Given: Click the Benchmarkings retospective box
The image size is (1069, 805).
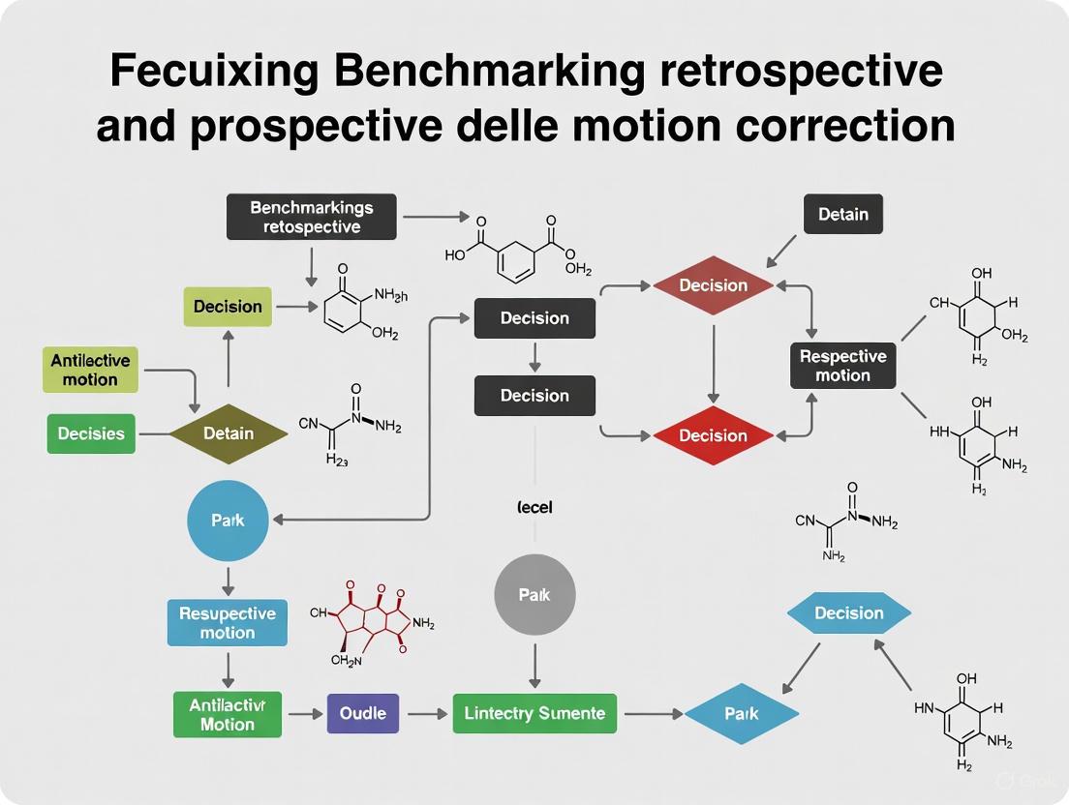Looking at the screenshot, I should pos(311,218).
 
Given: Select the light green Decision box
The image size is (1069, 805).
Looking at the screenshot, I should pos(228,307).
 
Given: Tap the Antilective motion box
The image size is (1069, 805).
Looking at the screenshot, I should pos(90,371).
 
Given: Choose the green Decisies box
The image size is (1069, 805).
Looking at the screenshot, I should pos(91,433).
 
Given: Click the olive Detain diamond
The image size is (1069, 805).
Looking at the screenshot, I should pos(229,433).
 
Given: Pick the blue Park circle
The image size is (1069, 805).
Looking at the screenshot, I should pos(228,521).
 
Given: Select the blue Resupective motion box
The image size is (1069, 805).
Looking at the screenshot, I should pos(228,623).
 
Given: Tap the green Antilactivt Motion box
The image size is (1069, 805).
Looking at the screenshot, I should pos(228,714).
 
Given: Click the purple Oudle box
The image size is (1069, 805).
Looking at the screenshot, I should pos(363,714).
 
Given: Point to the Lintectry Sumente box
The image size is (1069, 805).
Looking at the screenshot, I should pos(534,714).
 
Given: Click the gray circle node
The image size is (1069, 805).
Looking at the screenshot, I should pos(534,595).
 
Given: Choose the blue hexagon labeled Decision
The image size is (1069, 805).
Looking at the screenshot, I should pos(848,613).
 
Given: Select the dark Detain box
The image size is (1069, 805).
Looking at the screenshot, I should pos(842,214).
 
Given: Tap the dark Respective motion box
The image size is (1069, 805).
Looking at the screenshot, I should pos(842,366).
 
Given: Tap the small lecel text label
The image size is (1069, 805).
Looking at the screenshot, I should pos(534,507).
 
